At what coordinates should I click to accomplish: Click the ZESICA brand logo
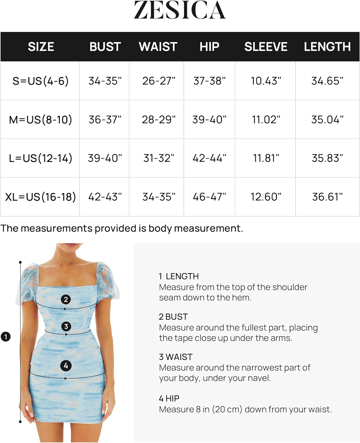(x=180, y=10)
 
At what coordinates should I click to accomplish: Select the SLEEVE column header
(x=265, y=47)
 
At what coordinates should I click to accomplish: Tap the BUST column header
(x=105, y=47)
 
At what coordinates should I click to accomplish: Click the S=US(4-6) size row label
(x=40, y=81)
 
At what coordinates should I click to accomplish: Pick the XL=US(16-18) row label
(x=40, y=197)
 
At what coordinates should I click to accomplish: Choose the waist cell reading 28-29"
(x=159, y=120)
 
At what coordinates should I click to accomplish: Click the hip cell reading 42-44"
(x=209, y=158)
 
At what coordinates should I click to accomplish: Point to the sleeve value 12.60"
(x=266, y=197)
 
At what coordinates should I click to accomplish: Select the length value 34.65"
(x=327, y=81)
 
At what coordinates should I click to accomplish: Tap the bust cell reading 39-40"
(x=105, y=158)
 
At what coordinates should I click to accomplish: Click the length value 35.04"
(x=327, y=120)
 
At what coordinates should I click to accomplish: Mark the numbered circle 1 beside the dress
(x=6, y=336)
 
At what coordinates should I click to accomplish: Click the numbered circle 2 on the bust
(x=66, y=299)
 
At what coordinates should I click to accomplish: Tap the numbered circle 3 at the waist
(x=66, y=326)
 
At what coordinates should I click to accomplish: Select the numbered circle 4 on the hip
(x=66, y=366)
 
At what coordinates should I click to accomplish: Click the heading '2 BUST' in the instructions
(x=173, y=317)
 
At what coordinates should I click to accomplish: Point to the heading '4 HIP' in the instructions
(x=169, y=398)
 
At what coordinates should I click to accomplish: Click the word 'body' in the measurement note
(x=160, y=228)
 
